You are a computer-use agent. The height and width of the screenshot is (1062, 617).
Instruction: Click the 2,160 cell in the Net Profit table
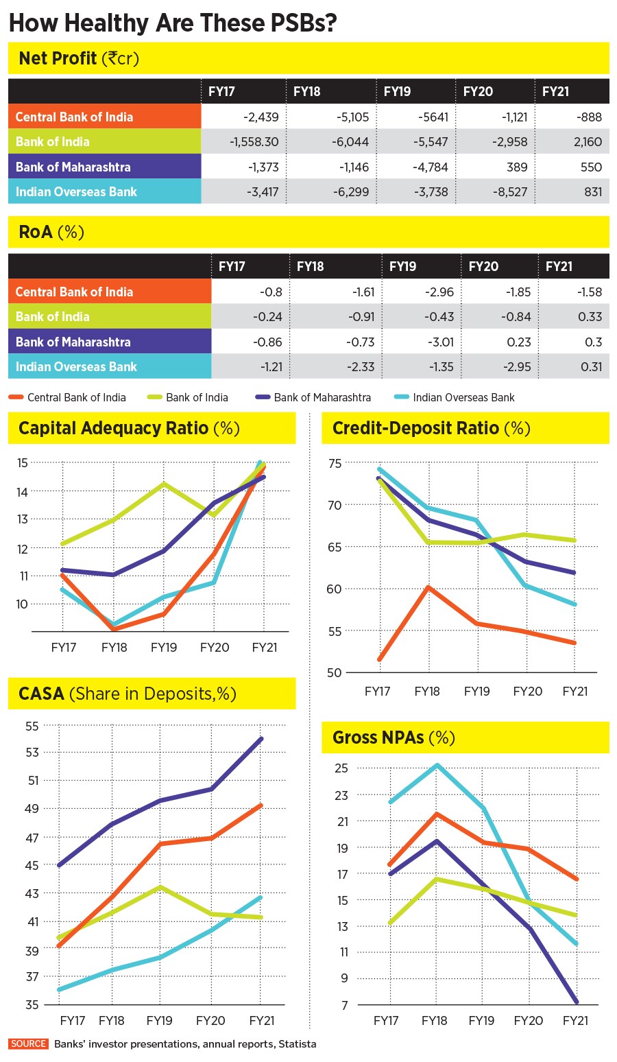coord(588,142)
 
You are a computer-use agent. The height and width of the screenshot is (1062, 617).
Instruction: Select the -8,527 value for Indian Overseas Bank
coord(509,192)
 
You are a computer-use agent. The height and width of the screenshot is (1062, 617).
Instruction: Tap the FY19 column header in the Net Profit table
coord(397,91)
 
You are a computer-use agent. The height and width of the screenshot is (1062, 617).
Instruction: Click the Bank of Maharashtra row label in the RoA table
coord(73,342)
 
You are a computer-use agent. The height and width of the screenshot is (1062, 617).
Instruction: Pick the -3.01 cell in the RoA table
coord(439,342)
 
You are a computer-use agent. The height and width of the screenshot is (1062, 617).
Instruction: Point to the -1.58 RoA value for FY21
coord(590,292)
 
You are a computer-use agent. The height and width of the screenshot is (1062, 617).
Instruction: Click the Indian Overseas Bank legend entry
coord(463,397)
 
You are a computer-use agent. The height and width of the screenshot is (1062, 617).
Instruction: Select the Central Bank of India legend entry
coord(76,397)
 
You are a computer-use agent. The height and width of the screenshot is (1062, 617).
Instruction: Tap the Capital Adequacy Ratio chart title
coord(129,429)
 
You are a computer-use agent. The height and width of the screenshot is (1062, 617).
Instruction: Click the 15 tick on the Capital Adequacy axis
coord(23,463)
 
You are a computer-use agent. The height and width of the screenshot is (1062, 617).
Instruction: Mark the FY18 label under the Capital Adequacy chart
coord(114,647)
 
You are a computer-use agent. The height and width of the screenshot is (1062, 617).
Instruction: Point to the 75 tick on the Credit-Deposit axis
coord(334,463)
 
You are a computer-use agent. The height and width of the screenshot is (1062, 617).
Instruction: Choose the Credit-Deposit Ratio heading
coord(431,429)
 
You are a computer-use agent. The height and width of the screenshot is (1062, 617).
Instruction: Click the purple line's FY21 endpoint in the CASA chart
coord(262,739)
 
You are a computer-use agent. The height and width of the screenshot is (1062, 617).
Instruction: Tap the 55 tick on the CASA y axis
coord(32,725)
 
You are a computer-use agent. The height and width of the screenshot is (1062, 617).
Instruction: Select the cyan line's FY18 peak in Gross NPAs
coord(435,765)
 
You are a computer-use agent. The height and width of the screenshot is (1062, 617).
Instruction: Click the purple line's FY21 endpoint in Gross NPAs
coord(576,1002)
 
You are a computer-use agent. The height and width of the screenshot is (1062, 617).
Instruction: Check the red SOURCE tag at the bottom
coord(29,1043)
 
